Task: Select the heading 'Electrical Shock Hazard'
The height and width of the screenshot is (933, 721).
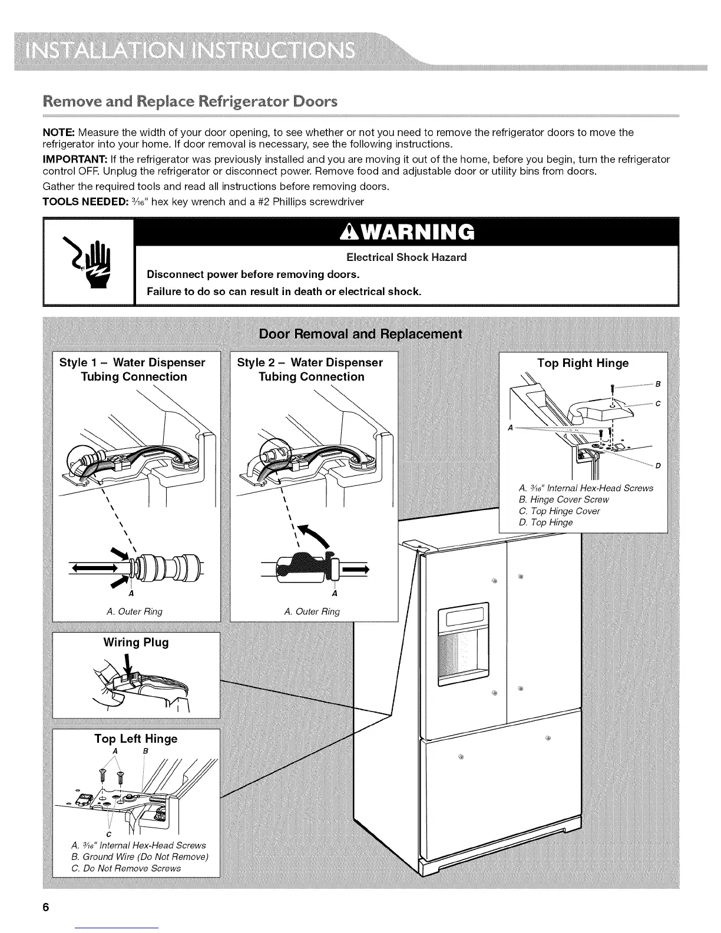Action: pos(406,257)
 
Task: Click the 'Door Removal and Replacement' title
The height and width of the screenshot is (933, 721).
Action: pos(360,335)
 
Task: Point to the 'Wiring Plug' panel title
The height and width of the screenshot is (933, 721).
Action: pos(136,642)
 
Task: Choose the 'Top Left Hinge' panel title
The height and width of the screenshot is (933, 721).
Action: pos(136,739)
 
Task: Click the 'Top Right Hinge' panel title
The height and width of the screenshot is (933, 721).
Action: pos(583,363)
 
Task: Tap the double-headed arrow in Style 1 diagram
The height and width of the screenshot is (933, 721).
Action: pos(94,568)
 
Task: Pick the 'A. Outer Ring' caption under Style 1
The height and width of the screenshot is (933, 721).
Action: pos(134,611)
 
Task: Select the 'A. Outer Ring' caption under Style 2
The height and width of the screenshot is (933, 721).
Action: pos(312,611)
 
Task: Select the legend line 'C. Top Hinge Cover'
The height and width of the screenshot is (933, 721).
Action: pos(559,511)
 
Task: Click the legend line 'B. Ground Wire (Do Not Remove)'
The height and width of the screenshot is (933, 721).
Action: pos(139,857)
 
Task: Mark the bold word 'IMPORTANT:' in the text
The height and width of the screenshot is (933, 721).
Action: pos(74,160)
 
